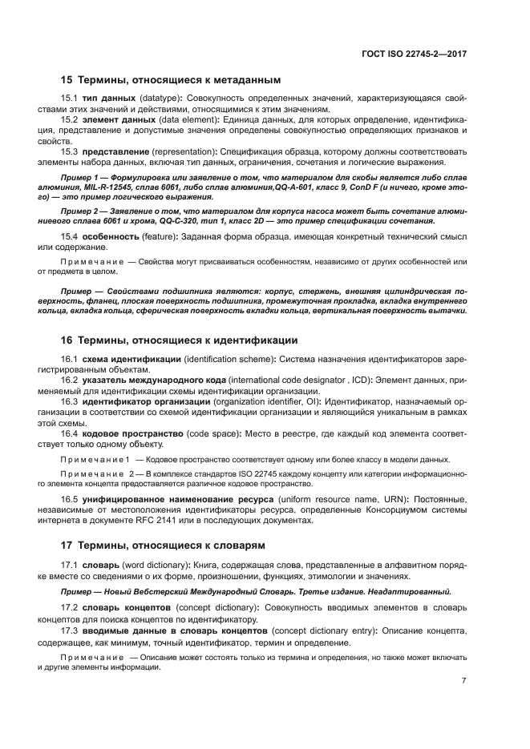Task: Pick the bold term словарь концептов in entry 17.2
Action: tap(127, 608)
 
